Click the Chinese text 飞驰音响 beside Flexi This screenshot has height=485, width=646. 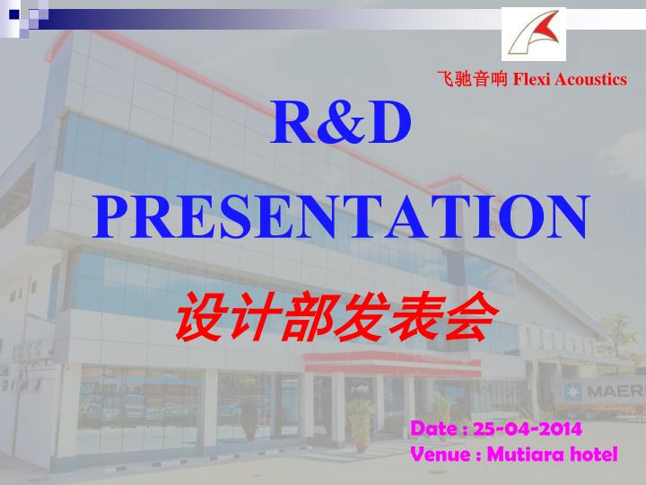click(x=472, y=80)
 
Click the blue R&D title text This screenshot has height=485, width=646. click(x=340, y=125)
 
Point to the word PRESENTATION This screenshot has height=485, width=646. click(x=340, y=216)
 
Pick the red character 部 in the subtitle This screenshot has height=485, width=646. click(x=307, y=316)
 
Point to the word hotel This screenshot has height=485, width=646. click(x=593, y=454)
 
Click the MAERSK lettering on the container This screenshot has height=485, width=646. click(x=620, y=392)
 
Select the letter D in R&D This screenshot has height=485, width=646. click(x=388, y=125)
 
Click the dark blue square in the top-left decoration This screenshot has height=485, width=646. click(x=13, y=13)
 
